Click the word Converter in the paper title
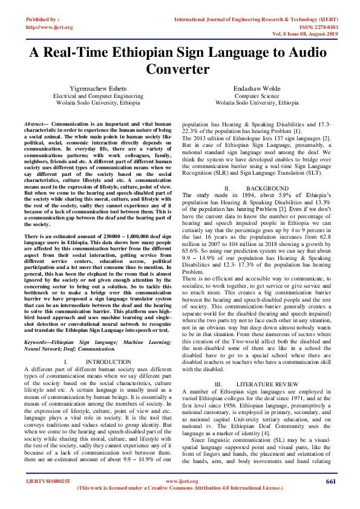pos(180,69)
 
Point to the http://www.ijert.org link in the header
pos(50,27)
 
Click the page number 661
pos(330,481)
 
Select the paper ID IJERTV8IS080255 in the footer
pos(48,481)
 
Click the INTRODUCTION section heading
pos(108,361)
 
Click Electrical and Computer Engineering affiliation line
pos(98,96)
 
